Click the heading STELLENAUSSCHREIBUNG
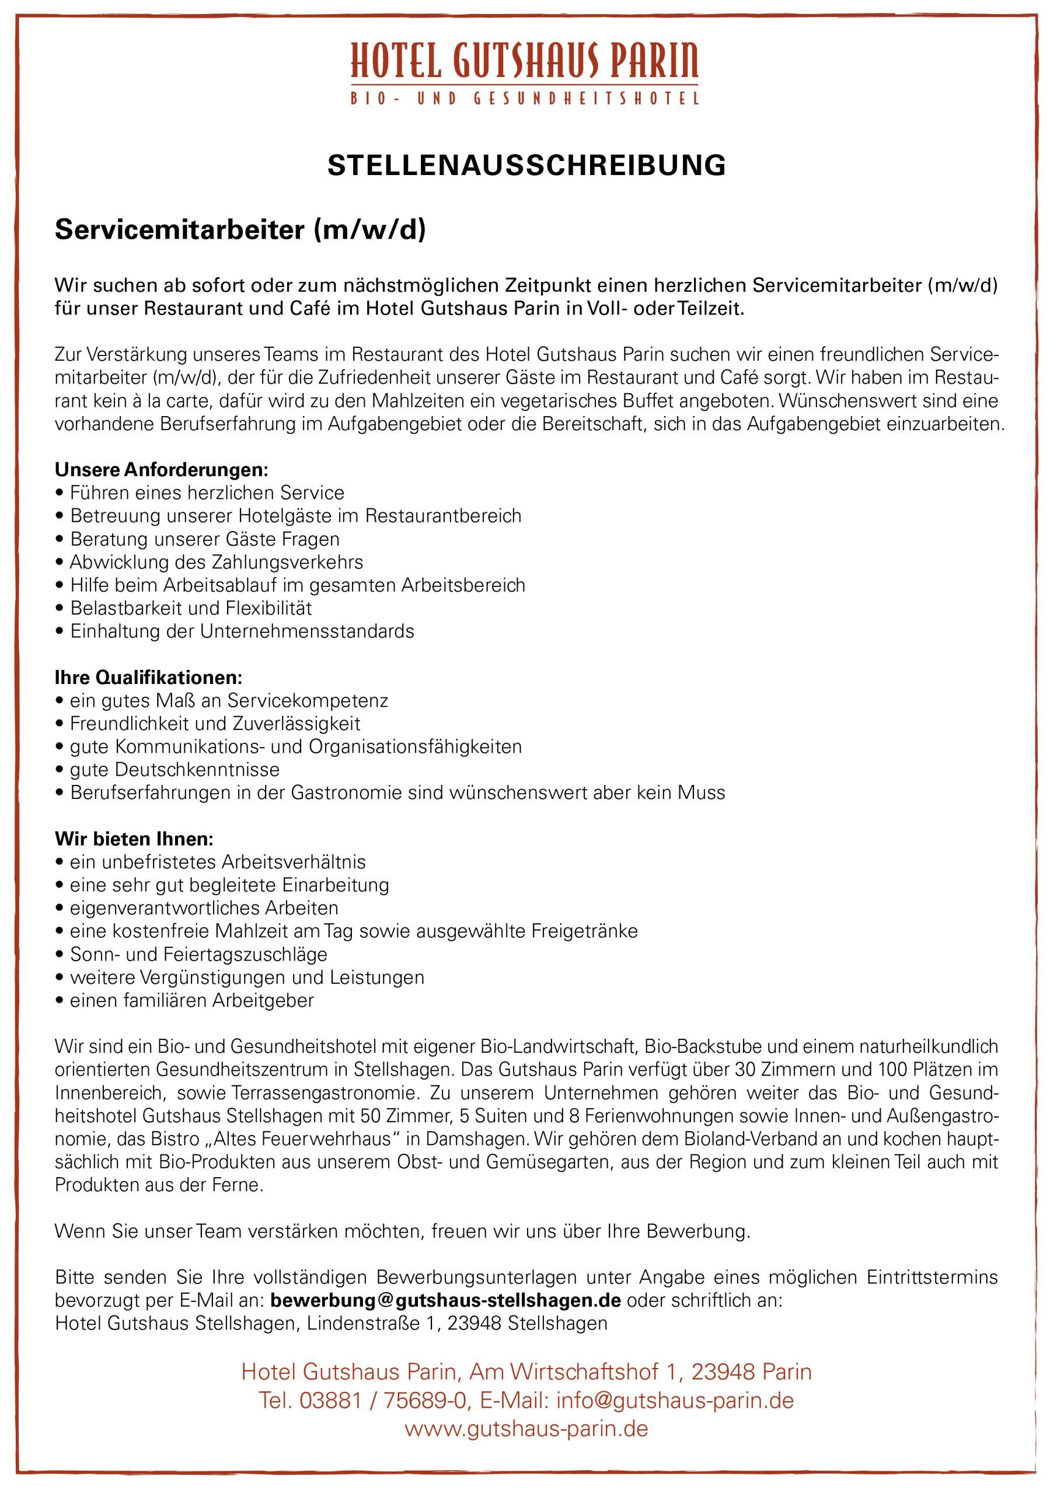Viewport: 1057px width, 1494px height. pos(526,166)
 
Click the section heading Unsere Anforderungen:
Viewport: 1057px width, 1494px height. pos(162,469)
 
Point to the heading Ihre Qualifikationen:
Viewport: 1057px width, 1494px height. pos(148,678)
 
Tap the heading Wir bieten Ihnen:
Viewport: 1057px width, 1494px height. pos(134,839)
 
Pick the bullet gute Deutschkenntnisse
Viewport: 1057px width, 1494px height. pos(175,769)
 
